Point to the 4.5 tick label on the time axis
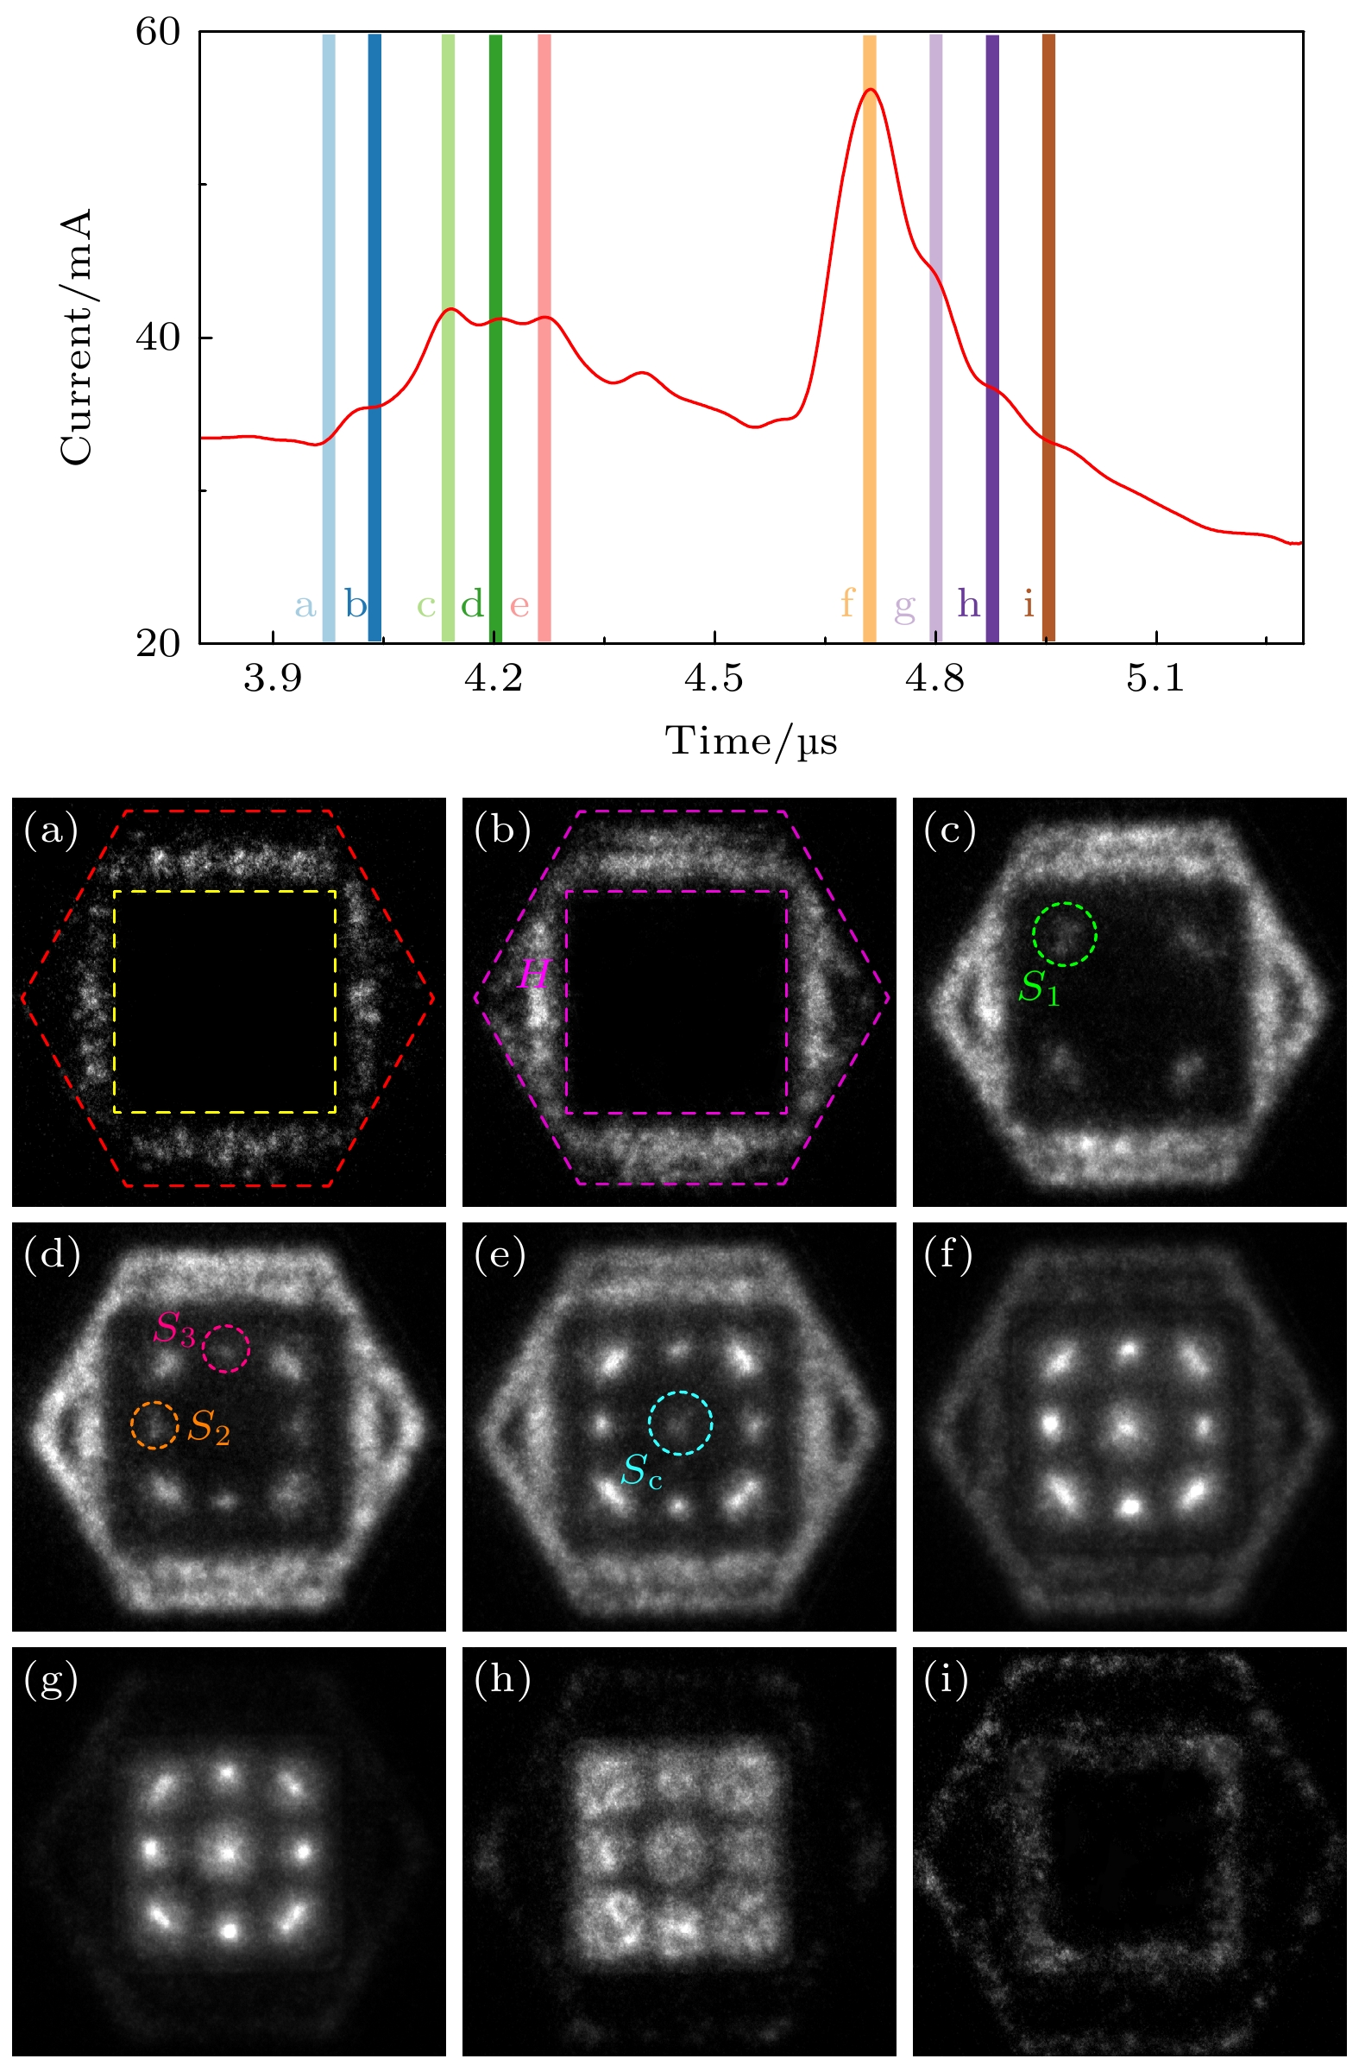[713, 679]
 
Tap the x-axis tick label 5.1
[1155, 679]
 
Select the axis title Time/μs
[751, 742]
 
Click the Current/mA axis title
[76, 337]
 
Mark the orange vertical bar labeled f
[869, 338]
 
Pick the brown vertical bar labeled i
[1048, 338]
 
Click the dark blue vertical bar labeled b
[374, 338]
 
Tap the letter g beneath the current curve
[904, 606]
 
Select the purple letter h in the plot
[969, 604]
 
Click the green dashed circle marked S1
[1064, 933]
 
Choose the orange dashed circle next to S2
[154, 1425]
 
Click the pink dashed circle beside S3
[225, 1348]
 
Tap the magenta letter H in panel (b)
[534, 976]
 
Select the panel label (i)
[946, 1681]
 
